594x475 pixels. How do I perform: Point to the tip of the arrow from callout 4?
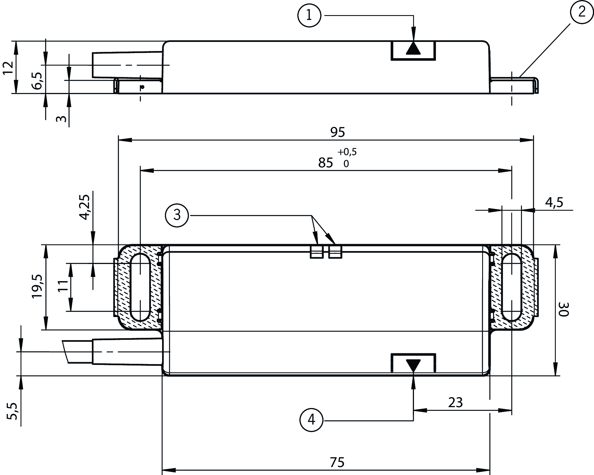click(x=413, y=376)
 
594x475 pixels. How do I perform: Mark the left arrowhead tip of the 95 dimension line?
click(x=118, y=140)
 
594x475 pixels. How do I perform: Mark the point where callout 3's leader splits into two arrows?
click(x=312, y=215)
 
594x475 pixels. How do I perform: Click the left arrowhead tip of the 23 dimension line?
click(x=414, y=410)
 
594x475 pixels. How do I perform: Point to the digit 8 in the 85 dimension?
click(x=322, y=163)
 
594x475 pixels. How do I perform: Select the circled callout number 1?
click(x=309, y=16)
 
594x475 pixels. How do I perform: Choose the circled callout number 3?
click(x=177, y=215)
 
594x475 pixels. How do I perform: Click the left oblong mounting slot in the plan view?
click(x=140, y=287)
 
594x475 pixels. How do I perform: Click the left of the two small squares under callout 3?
click(x=317, y=252)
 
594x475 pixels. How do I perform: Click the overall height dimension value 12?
click(x=9, y=68)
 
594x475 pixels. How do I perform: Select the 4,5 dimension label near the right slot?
click(x=554, y=202)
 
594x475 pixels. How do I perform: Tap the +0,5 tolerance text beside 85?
click(x=347, y=152)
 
